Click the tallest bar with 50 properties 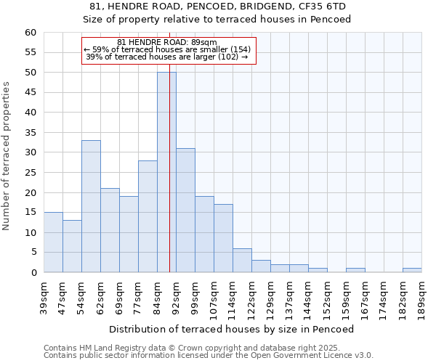(x=166, y=172)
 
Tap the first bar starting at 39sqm (x=53, y=242)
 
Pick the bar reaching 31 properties (x=185, y=211)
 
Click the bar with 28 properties (x=148, y=216)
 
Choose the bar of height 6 (x=242, y=261)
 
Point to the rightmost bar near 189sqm (x=412, y=270)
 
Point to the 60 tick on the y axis (x=30, y=33)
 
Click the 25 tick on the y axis (x=30, y=173)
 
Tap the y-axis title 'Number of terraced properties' (x=7, y=156)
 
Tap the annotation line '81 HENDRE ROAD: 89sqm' (x=166, y=43)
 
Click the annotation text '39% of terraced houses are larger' (x=166, y=57)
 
